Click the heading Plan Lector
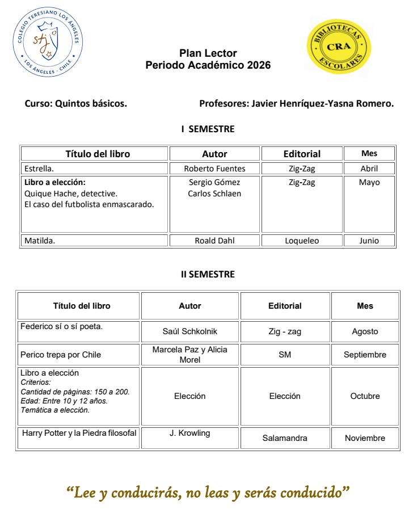tap(208, 53)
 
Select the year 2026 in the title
tap(259, 65)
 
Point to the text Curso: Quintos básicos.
tap(76, 104)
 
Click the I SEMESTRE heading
tap(208, 129)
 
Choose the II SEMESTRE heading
tap(208, 274)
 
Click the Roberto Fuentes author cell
tap(214, 169)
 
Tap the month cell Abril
tap(369, 169)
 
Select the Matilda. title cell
tap(94, 241)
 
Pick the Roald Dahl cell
tap(214, 241)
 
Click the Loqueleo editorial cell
tap(302, 241)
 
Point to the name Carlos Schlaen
tap(214, 194)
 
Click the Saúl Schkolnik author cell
tap(189, 331)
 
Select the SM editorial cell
tap(285, 355)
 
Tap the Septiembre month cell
tap(365, 355)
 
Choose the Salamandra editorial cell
tap(285, 438)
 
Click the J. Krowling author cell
tap(189, 434)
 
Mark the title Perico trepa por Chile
tap(61, 355)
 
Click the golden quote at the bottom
tap(208, 492)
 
